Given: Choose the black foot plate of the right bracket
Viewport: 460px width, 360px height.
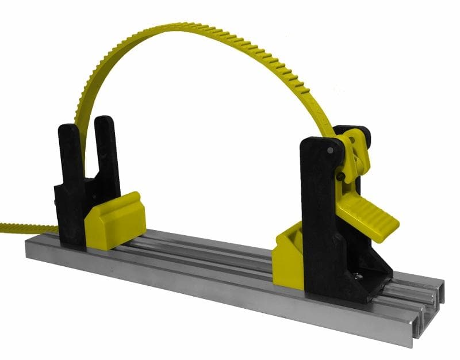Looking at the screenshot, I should point(368,282).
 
